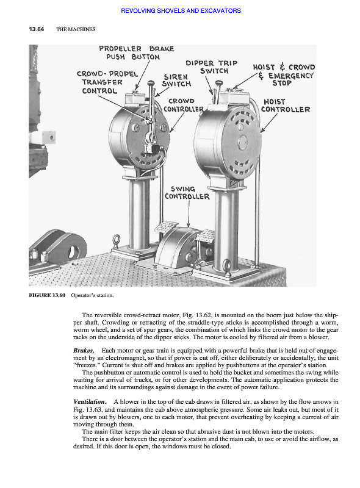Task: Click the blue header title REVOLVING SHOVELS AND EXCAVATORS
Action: [x=181, y=11]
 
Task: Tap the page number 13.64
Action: [x=37, y=29]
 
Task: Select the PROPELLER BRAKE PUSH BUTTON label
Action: [x=137, y=52]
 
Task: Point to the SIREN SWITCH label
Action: [x=176, y=81]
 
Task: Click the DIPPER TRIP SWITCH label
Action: [x=212, y=67]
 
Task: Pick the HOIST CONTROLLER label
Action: [x=286, y=106]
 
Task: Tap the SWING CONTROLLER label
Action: [x=187, y=193]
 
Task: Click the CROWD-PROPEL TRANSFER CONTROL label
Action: [x=107, y=82]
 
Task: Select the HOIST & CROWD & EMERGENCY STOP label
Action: [x=284, y=75]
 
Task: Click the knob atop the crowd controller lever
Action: [x=151, y=83]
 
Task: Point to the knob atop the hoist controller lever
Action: [x=219, y=83]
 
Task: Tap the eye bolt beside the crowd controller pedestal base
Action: [x=117, y=241]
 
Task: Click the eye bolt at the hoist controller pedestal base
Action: [x=227, y=267]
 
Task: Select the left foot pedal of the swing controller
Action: [x=167, y=226]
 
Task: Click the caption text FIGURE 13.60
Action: [x=47, y=295]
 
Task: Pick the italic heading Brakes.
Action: [x=84, y=351]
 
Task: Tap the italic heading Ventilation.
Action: [x=90, y=402]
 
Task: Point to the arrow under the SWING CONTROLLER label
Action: [x=189, y=214]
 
